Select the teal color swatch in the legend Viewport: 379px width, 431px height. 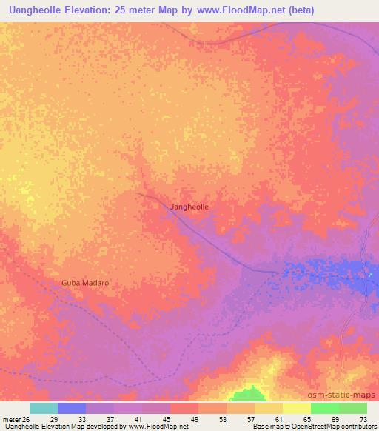click(x=44, y=408)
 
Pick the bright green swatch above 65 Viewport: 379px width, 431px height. click(x=325, y=408)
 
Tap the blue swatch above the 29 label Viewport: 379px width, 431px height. click(x=72, y=408)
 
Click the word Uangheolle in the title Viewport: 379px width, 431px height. click(x=36, y=10)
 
